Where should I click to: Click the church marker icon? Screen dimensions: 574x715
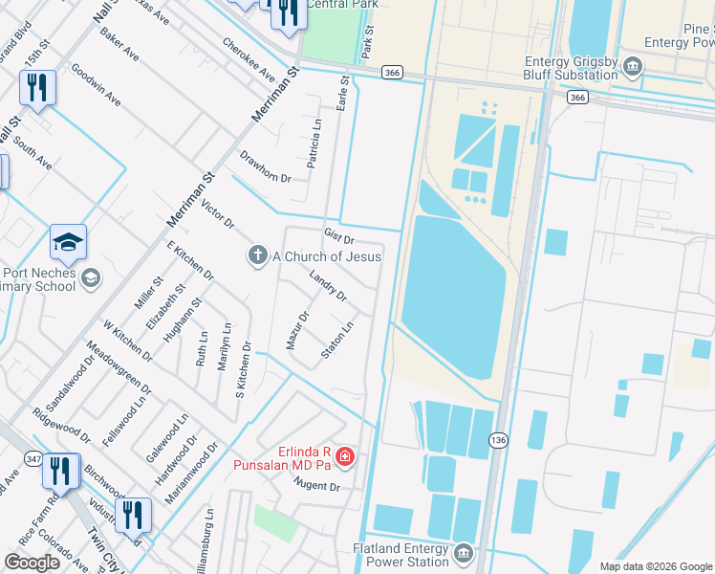click(256, 255)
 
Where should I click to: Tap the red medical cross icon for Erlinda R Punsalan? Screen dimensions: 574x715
click(344, 458)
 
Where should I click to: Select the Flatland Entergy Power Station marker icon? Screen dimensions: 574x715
click(464, 554)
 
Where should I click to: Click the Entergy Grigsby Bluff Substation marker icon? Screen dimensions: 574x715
click(632, 66)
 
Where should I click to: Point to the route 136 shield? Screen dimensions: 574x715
click(497, 439)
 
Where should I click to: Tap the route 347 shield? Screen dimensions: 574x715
click(35, 461)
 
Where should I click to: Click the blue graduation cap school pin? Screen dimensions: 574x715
click(69, 244)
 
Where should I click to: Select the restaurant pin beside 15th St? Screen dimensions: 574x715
click(38, 88)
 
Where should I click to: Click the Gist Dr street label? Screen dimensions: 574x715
click(339, 235)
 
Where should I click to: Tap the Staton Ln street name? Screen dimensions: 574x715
click(337, 340)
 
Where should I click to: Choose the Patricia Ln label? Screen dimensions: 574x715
click(314, 144)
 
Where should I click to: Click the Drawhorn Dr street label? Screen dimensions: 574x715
click(265, 166)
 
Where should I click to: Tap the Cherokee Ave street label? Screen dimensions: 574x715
click(249, 59)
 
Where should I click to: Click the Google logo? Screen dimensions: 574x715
click(32, 563)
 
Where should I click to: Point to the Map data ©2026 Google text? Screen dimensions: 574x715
click(655, 566)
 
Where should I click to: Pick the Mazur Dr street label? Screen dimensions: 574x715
click(297, 329)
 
